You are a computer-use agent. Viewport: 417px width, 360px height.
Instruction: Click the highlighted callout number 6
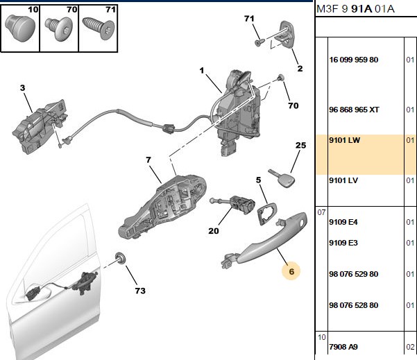pos(291,271)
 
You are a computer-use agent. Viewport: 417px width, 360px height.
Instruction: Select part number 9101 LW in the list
pos(344,140)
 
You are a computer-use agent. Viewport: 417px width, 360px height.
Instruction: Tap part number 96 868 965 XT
pos(354,110)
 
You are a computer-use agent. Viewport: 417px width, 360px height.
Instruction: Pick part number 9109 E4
pos(343,222)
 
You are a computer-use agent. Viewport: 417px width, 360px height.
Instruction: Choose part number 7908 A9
pos(343,347)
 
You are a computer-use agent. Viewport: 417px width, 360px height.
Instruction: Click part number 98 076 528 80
pos(353,305)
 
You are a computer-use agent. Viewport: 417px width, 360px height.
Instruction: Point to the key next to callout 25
pos(282,178)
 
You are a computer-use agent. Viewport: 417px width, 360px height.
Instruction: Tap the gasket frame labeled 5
pos(267,213)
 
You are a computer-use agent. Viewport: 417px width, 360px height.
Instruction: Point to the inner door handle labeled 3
pos(40,126)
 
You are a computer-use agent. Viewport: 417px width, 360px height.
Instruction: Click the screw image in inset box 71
pos(99,28)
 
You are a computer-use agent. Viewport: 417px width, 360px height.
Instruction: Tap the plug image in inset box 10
pos(20,28)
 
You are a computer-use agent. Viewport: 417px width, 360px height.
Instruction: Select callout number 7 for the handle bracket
pos(148,160)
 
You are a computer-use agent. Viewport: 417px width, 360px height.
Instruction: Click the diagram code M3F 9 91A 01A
pos(355,9)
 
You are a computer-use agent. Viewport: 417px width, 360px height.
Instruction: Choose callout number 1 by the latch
pos(202,71)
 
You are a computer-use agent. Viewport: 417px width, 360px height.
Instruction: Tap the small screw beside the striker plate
pos(259,42)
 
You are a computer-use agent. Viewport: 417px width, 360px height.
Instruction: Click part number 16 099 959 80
pos(353,60)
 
